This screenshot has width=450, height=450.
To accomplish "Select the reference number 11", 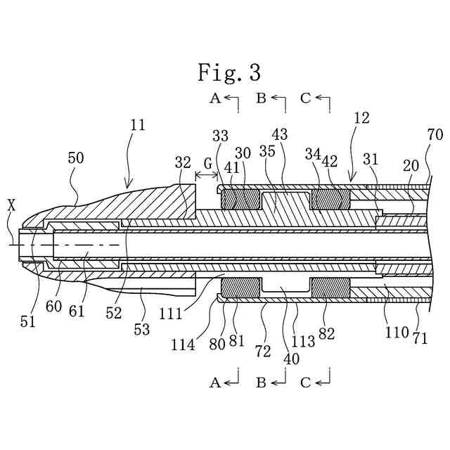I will (x=138, y=125).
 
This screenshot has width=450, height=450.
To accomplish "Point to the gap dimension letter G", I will (x=207, y=164).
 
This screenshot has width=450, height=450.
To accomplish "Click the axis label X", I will (x=11, y=205).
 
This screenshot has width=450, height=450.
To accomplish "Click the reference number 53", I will (x=141, y=329).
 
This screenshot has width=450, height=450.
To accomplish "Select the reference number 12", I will (x=361, y=118).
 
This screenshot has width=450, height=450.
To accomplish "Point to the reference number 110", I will (x=397, y=332).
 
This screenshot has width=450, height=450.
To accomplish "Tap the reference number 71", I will (x=420, y=338).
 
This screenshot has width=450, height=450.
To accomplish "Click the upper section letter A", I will (x=215, y=98).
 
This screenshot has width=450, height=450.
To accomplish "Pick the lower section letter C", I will (x=305, y=382).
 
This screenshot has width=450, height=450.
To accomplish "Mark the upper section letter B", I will (x=261, y=98).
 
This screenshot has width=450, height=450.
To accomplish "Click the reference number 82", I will (x=326, y=333).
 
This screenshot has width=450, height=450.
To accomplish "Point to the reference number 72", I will (x=262, y=352).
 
